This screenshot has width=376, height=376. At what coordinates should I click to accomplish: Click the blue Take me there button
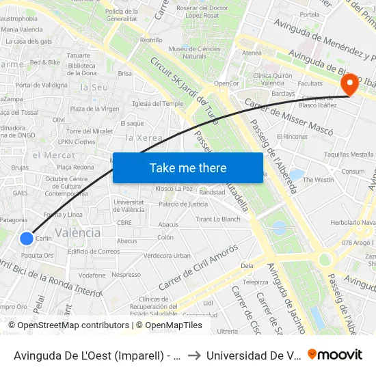coord(188,167)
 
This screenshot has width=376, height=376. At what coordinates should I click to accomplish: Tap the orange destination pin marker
coord(349,85)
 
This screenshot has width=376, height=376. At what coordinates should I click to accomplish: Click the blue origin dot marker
coord(26,238)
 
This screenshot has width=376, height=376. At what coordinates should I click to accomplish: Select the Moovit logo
coord(335,354)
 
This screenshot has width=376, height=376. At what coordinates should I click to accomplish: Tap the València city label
coord(77,232)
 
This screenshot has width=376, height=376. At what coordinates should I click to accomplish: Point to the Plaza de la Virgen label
coord(95,109)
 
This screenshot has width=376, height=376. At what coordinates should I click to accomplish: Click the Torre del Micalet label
coord(89,131)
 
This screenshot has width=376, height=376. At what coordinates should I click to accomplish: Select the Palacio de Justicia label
coord(183,204)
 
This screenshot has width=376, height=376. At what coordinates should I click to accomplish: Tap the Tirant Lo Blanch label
coord(218,219)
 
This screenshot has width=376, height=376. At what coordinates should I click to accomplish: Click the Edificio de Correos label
coord(94,251)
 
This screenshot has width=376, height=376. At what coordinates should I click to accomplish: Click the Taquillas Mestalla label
coord(349,155)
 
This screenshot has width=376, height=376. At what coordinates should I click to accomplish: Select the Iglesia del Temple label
coord(158,103)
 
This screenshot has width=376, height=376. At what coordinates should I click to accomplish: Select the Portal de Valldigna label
coord(42,85)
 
